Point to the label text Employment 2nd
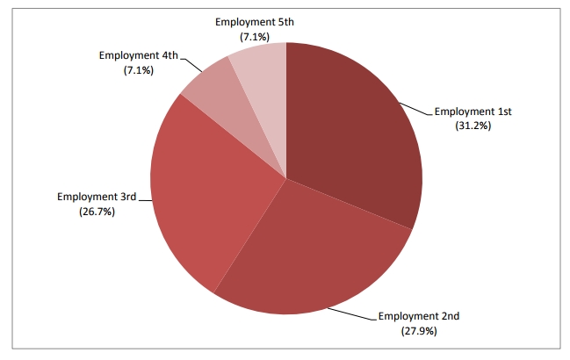418,316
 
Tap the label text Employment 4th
139,54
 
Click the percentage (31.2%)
473,126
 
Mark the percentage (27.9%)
418,331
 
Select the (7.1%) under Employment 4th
139,69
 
